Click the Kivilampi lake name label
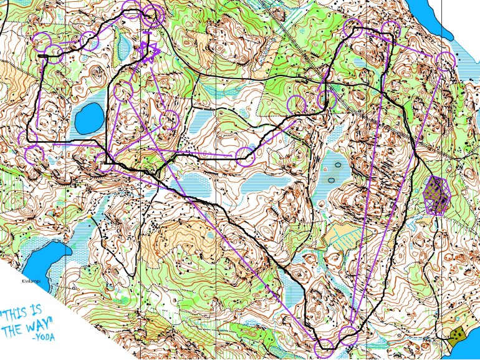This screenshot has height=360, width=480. (31, 282)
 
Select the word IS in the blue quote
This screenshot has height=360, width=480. (37, 310)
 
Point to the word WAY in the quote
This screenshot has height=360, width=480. (39, 325)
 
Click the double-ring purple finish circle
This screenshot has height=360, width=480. (151, 16)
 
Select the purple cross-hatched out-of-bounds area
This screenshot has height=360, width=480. (437, 195)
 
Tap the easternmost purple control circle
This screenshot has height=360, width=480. (446, 61)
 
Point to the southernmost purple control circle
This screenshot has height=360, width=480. (325, 349)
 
